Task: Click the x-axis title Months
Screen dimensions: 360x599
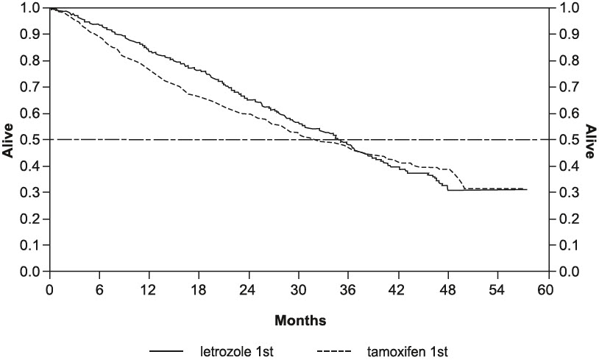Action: click(x=300, y=321)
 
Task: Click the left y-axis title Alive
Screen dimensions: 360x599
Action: click(x=9, y=140)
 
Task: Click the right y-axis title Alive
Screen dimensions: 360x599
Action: click(x=590, y=140)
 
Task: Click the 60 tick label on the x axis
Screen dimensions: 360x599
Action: click(x=545, y=289)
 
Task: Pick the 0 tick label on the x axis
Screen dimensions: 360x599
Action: click(x=50, y=289)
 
